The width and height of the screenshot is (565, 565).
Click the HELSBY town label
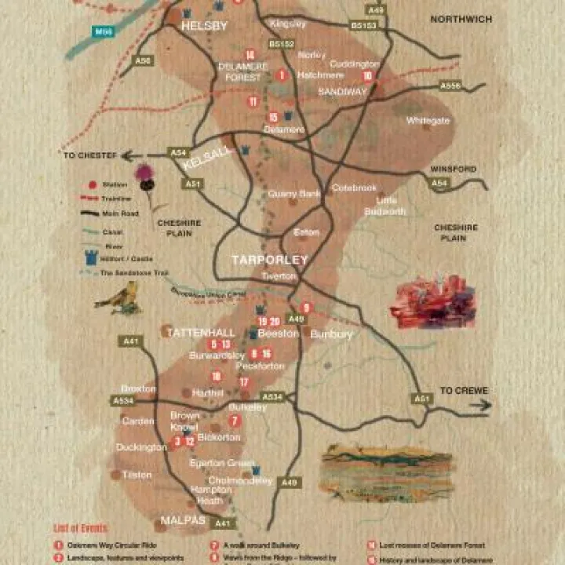[204, 26]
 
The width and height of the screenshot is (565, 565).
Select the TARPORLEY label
[269, 259]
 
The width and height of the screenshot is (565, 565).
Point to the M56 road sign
[102, 31]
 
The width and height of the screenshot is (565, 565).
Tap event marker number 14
[250, 55]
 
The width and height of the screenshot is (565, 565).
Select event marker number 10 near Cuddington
[367, 76]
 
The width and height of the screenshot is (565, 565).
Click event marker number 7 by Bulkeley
[234, 421]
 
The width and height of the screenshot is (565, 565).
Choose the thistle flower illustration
[144, 177]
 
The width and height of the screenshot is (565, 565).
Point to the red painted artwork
[433, 301]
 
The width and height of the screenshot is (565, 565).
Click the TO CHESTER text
[89, 156]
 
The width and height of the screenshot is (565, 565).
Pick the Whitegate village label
[428, 120]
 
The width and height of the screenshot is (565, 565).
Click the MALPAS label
[182, 520]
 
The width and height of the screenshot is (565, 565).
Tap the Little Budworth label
[386, 206]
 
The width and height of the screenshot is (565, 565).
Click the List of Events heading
[80, 528]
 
